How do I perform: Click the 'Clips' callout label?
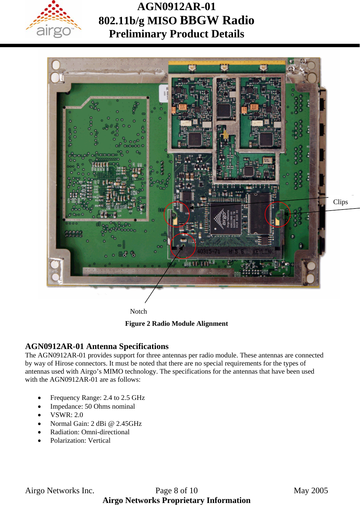click(340, 202)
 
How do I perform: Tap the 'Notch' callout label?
click(138, 311)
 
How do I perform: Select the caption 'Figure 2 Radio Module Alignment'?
click(176, 323)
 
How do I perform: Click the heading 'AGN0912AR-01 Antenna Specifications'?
click(97, 346)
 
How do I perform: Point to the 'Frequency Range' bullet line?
click(97, 398)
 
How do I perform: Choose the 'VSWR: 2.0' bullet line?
click(66, 415)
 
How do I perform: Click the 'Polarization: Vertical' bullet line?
click(80, 440)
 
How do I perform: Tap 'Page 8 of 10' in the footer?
click(176, 491)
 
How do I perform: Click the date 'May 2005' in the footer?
click(310, 491)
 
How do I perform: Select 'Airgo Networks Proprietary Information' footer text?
click(176, 500)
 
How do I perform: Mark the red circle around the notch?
click(183, 246)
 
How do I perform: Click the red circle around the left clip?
click(176, 214)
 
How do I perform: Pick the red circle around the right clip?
click(277, 214)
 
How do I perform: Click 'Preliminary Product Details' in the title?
click(176, 34)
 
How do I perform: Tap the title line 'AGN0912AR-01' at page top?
click(176, 6)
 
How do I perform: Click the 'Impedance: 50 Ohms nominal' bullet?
click(92, 406)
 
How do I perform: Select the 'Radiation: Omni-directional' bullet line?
click(90, 432)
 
